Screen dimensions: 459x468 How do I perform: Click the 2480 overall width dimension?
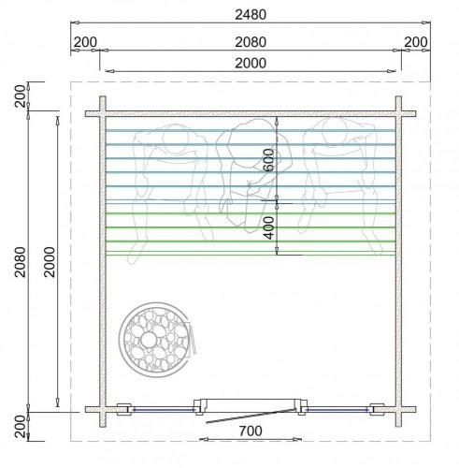[x=251, y=15]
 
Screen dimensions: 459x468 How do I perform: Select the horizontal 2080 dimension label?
[x=251, y=42]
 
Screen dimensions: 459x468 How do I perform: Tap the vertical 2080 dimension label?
[x=21, y=262]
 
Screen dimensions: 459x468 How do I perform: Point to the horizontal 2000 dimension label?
[x=251, y=63]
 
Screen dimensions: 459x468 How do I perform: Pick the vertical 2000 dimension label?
[x=50, y=262]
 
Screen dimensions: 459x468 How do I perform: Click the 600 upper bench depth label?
[x=268, y=160]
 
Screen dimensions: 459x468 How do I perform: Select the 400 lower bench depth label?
[x=268, y=228]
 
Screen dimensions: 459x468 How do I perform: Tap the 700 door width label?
[x=251, y=431]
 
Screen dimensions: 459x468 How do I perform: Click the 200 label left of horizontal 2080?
[x=85, y=42]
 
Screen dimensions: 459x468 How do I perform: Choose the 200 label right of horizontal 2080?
[x=416, y=42]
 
